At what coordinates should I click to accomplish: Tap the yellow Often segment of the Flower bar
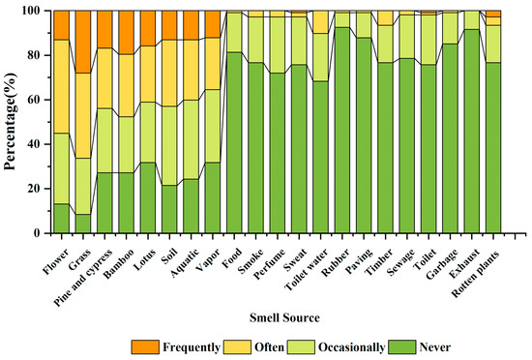click(61, 86)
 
